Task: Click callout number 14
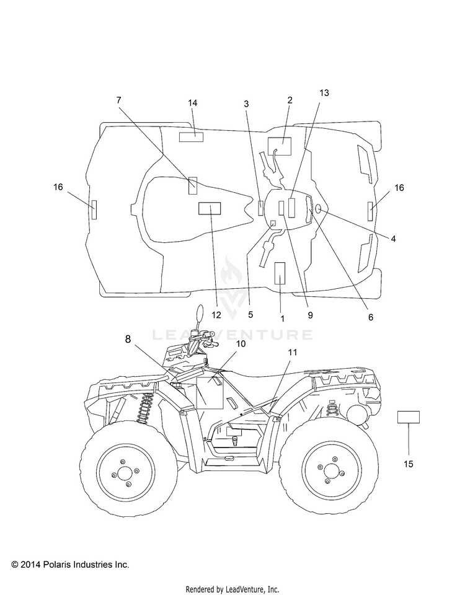(x=192, y=103)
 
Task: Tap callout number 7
(x=119, y=100)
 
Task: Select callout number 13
(x=324, y=93)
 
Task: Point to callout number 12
(x=216, y=315)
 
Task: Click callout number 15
(x=409, y=464)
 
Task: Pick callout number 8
(x=128, y=339)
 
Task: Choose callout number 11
(x=292, y=352)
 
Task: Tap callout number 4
(x=393, y=239)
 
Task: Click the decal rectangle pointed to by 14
(x=191, y=136)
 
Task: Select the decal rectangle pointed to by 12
(x=210, y=208)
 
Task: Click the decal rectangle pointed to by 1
(x=280, y=273)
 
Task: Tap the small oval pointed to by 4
(x=318, y=208)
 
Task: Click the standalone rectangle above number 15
(x=409, y=417)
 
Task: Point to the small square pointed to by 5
(x=273, y=223)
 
